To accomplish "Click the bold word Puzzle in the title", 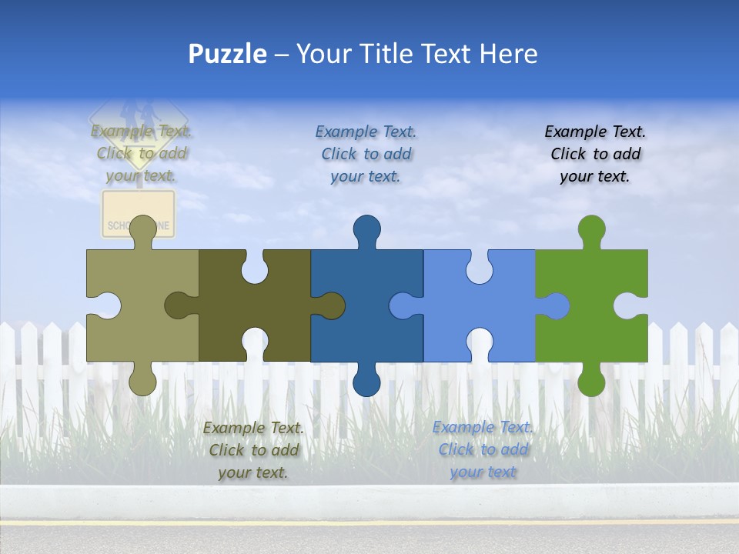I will pyautogui.click(x=228, y=54).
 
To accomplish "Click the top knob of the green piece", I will pyautogui.click(x=591, y=229).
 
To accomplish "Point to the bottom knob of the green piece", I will pyautogui.click(x=591, y=382).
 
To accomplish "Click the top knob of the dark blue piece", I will pyautogui.click(x=366, y=229).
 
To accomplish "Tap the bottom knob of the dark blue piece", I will pyautogui.click(x=366, y=382).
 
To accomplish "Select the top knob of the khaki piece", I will pyautogui.click(x=142, y=229).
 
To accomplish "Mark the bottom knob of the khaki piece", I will pyautogui.click(x=142, y=382).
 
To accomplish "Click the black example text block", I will pyautogui.click(x=595, y=154).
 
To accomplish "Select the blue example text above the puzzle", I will pyautogui.click(x=366, y=154).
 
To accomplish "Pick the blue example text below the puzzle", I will pyautogui.click(x=483, y=449).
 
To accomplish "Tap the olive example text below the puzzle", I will pyautogui.click(x=253, y=449).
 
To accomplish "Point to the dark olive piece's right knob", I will pyautogui.click(x=332, y=305).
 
